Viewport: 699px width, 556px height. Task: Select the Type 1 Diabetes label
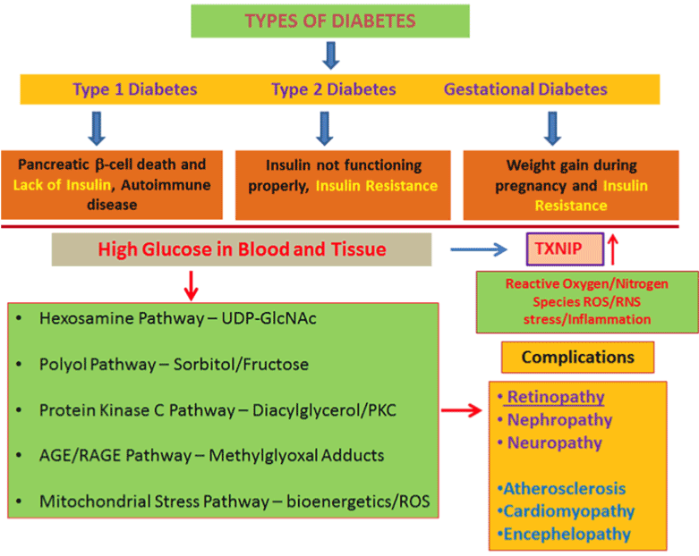pos(135,89)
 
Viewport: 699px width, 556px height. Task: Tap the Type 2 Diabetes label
pos(333,89)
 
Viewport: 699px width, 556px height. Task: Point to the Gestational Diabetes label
pos(525,89)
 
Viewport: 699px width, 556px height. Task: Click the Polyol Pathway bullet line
pos(174,365)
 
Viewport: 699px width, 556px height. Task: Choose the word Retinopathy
pos(556,397)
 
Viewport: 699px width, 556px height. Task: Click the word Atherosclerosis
pos(564,489)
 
